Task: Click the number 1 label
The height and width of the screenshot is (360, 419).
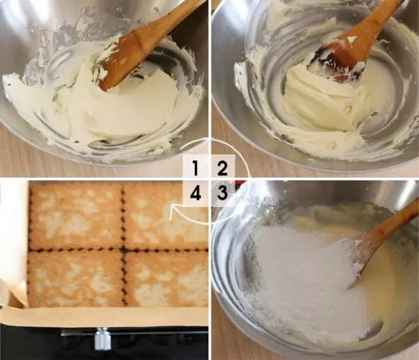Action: (x=196, y=168)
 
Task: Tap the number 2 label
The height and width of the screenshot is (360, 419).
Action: (x=222, y=168)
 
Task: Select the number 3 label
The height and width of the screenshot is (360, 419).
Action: (x=222, y=193)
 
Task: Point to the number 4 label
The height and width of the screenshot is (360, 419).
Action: (x=196, y=193)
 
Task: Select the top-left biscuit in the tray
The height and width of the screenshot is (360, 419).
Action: (x=76, y=217)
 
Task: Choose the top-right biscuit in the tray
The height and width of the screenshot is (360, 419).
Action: (x=166, y=217)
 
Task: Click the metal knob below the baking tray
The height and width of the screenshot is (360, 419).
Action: (x=103, y=339)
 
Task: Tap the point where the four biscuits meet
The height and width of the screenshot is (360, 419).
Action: (x=124, y=251)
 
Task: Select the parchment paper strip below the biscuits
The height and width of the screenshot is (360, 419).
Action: (x=107, y=317)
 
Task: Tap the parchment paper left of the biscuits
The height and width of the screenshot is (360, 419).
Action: (x=15, y=240)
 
